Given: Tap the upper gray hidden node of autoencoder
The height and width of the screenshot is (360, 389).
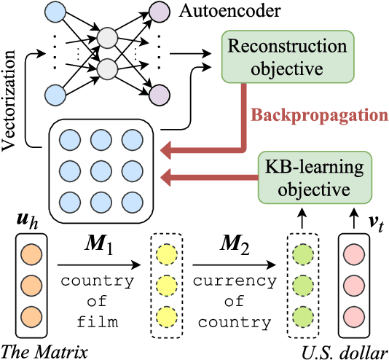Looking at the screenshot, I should pyautogui.click(x=108, y=36).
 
